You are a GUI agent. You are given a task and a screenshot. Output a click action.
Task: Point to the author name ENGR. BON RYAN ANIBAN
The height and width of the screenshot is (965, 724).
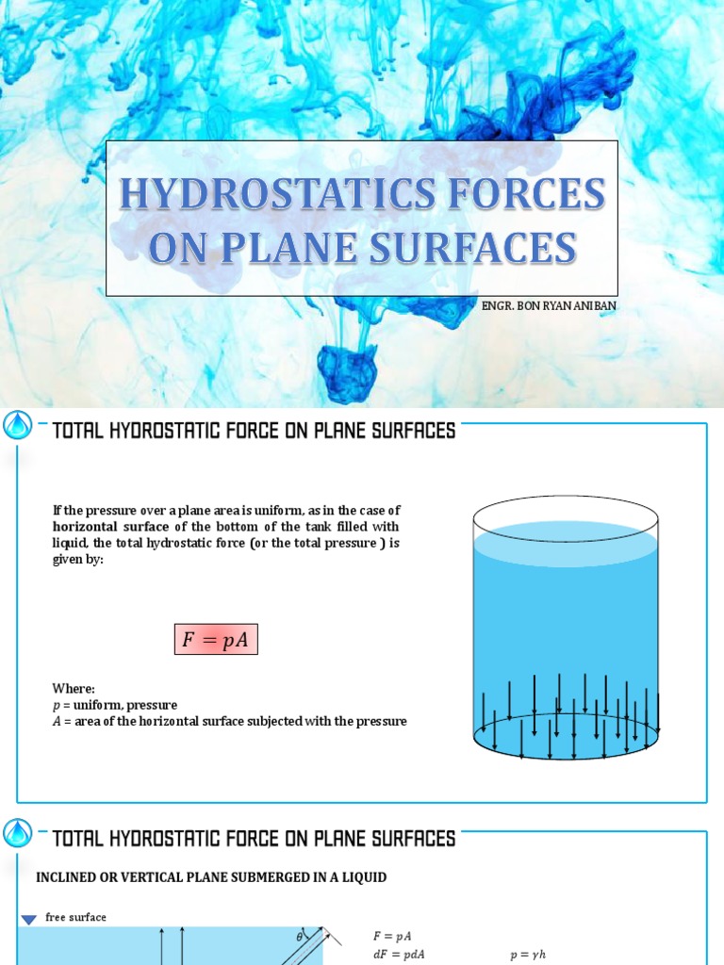[x=549, y=306]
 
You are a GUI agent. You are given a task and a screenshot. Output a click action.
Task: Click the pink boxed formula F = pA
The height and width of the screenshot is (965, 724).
[x=216, y=641]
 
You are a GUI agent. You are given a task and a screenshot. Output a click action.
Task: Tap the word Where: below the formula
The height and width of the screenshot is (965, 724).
[x=74, y=689]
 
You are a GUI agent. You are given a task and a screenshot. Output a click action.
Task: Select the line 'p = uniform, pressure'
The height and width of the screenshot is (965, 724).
[x=114, y=705]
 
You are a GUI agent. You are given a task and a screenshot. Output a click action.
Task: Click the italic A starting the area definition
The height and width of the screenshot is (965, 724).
[x=57, y=721]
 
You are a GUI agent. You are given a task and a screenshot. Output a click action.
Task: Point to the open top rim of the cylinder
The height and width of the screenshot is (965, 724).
[x=566, y=506]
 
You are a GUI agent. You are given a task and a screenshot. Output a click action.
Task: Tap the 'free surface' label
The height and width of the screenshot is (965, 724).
[x=75, y=918]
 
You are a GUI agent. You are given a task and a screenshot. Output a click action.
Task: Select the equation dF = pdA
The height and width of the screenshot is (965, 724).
[x=399, y=954]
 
